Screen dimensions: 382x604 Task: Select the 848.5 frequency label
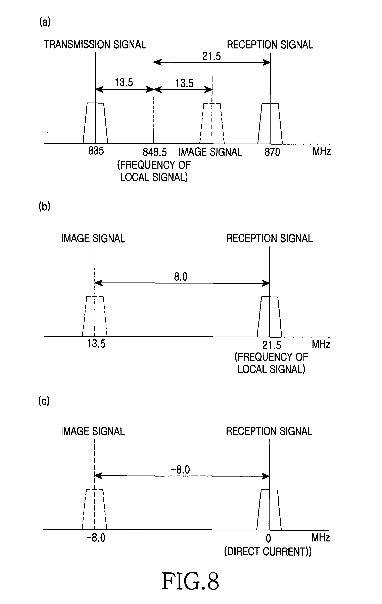[x=155, y=152]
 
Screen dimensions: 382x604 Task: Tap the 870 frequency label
[x=272, y=152]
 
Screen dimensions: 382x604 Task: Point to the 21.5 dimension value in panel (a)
[x=211, y=56]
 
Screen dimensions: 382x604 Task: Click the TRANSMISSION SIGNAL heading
[x=95, y=45]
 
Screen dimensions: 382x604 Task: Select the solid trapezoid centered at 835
[x=95, y=123]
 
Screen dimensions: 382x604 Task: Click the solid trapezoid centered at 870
[x=270, y=123]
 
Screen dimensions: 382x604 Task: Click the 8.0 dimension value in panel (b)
[x=181, y=277]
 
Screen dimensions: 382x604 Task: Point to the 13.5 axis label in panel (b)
[x=96, y=343]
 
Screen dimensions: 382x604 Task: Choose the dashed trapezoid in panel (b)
[x=95, y=316]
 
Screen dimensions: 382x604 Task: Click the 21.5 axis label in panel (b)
[x=272, y=345]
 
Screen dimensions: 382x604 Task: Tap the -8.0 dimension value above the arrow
[x=180, y=469]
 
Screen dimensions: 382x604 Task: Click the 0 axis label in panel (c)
[x=268, y=538]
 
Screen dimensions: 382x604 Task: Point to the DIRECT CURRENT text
[x=268, y=551]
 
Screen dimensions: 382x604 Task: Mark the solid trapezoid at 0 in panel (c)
[x=269, y=510]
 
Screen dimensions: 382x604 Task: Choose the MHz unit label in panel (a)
[x=322, y=151]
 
